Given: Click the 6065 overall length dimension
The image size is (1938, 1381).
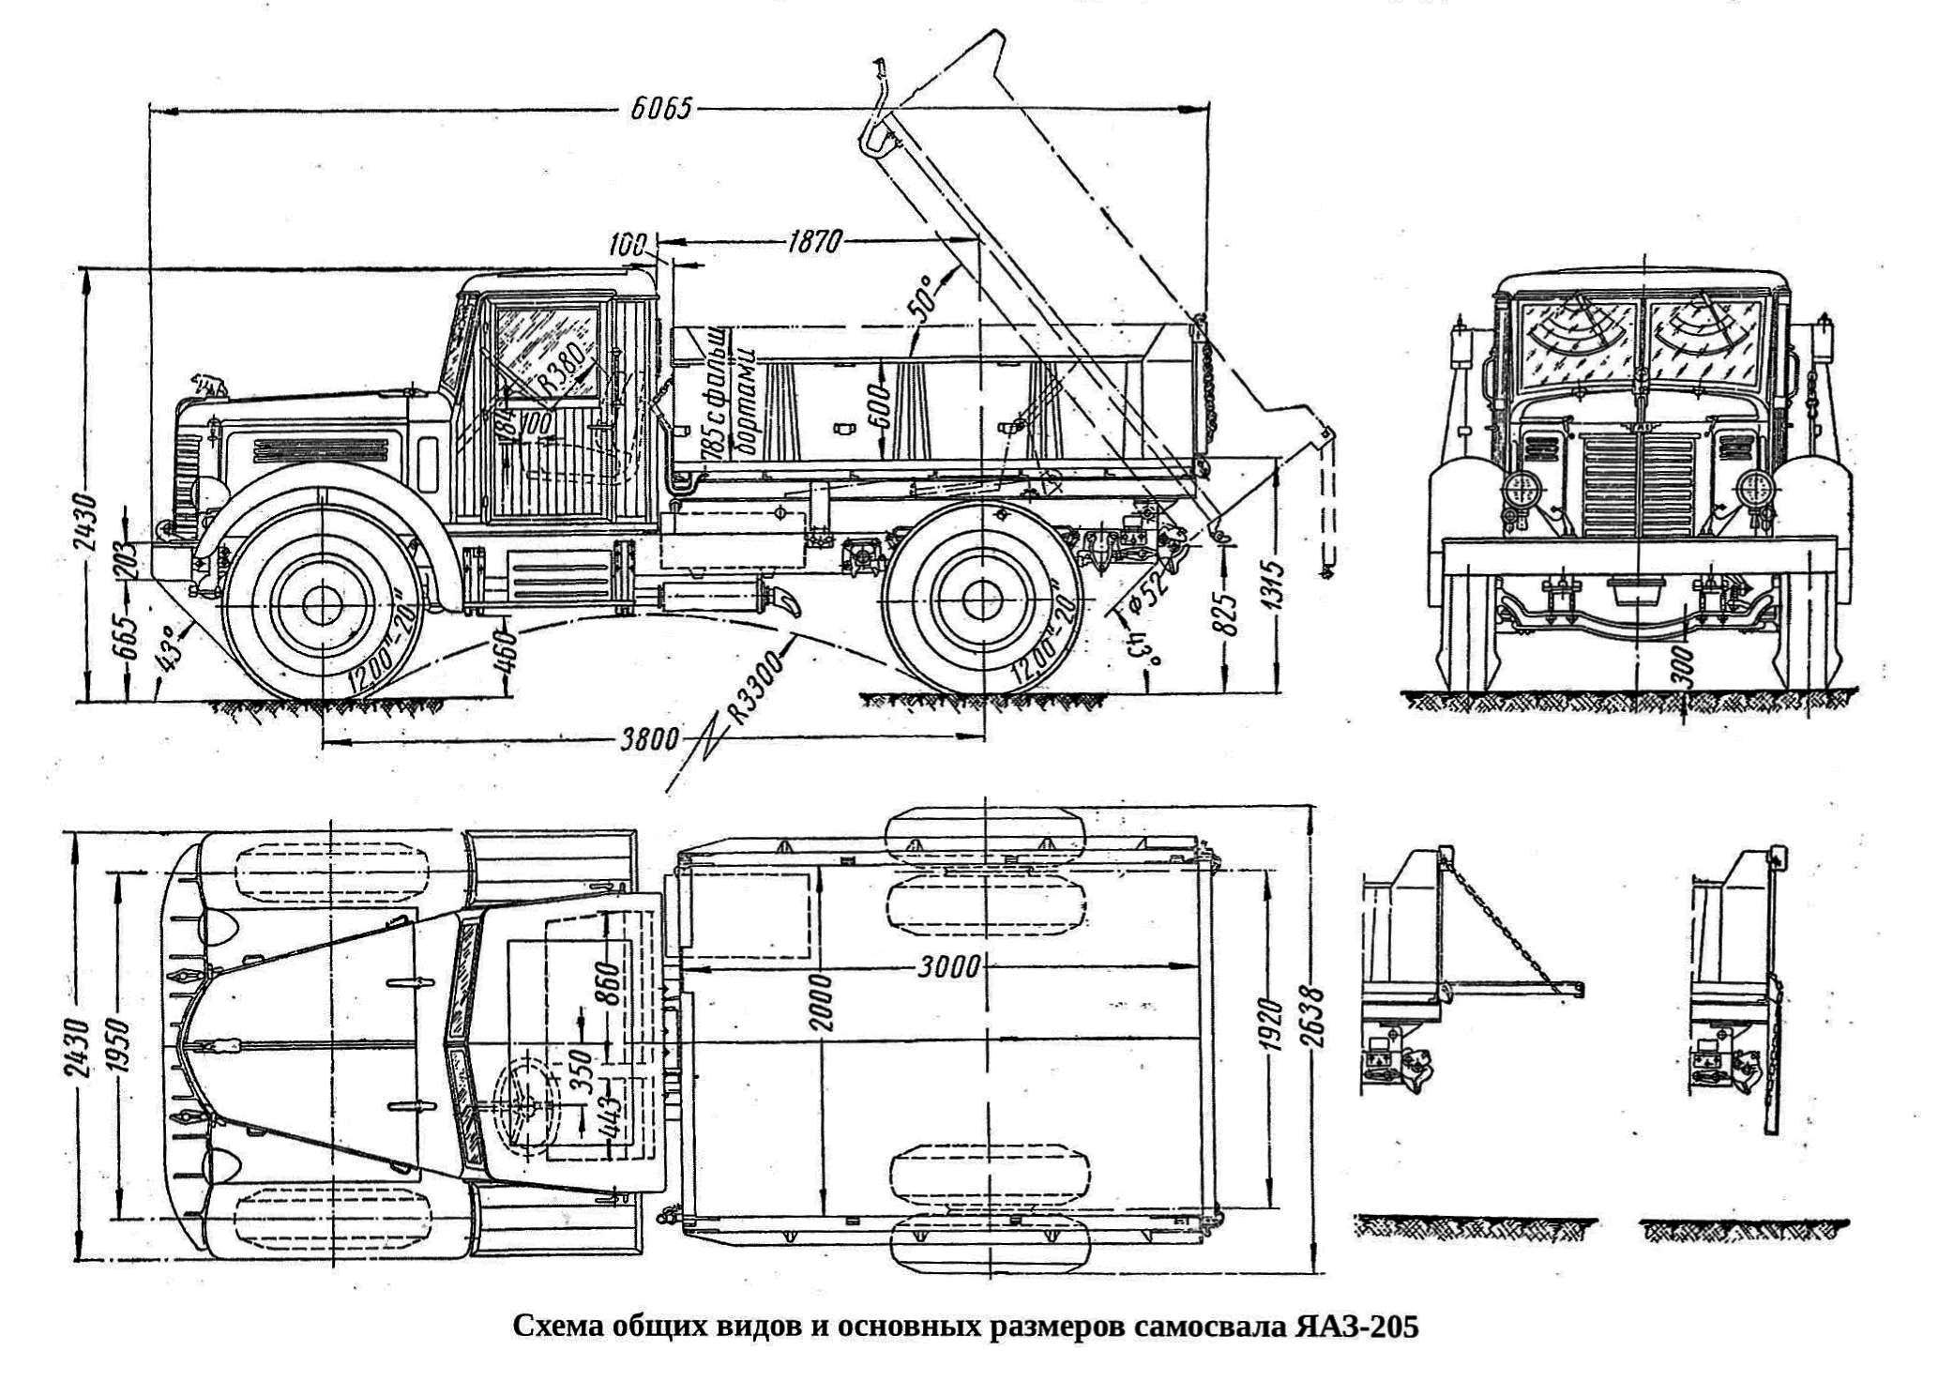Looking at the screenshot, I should tap(660, 109).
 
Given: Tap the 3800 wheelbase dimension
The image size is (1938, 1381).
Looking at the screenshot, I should tap(650, 739).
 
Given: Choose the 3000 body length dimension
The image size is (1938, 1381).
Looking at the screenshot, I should tap(949, 966).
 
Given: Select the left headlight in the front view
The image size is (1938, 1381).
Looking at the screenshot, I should tap(1523, 489).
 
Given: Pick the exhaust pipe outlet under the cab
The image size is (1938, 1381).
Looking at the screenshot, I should tap(786, 601).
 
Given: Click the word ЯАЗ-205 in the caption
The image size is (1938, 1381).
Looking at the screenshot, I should tap(1357, 1328).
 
